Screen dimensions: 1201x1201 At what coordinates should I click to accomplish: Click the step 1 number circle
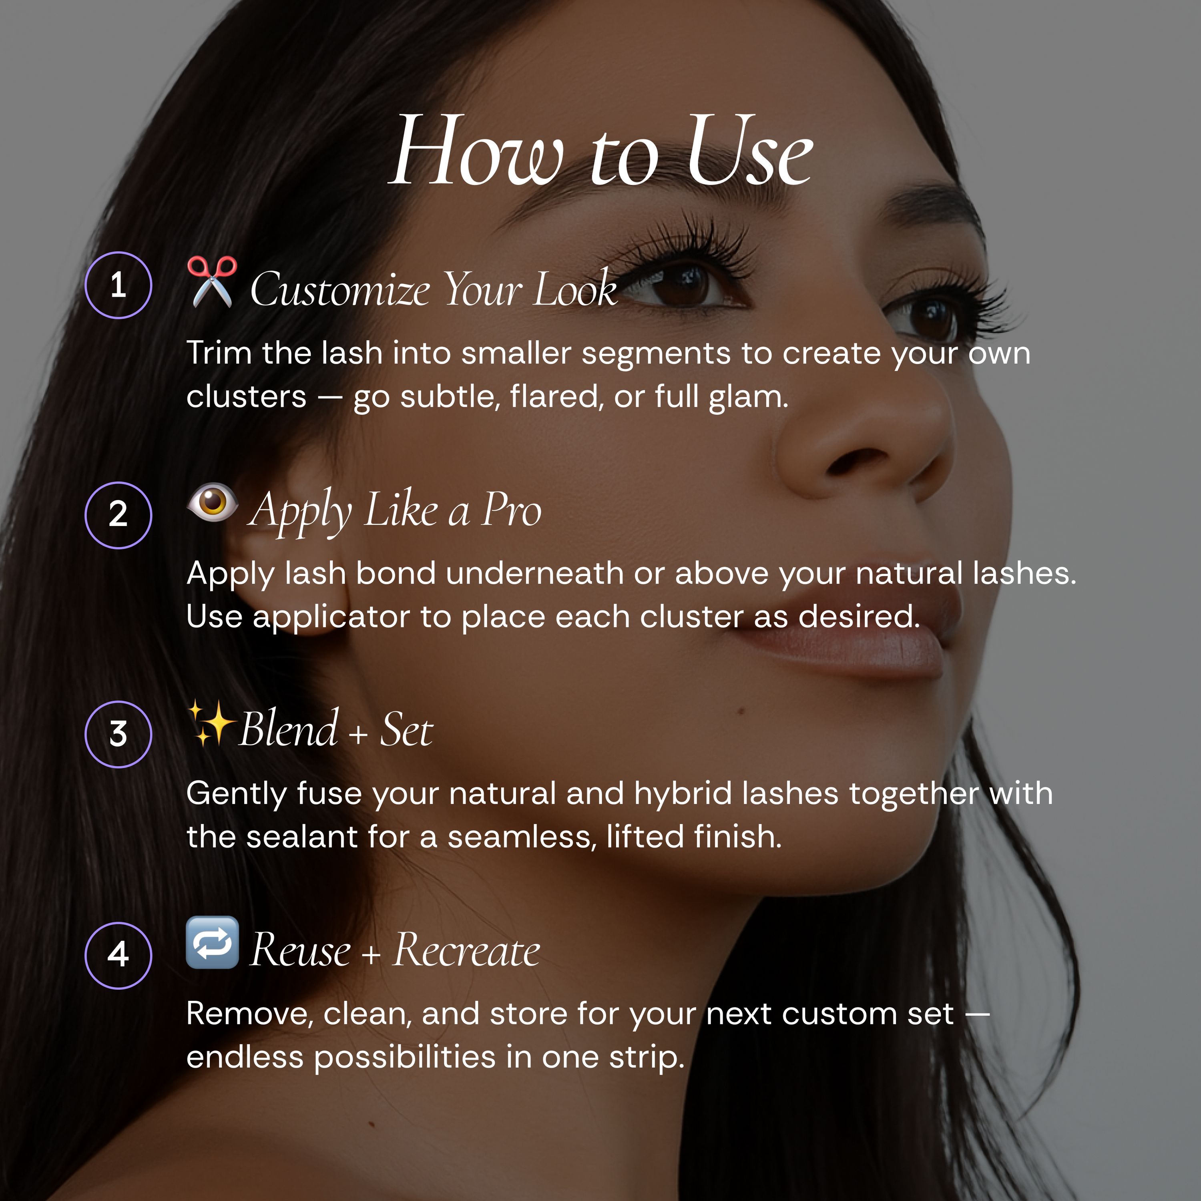pyautogui.click(x=118, y=285)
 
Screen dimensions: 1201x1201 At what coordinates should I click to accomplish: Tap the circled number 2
pyautogui.click(x=118, y=515)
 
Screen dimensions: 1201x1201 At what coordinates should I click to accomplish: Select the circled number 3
pyautogui.click(x=118, y=735)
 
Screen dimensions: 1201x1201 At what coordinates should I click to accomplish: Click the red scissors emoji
pyautogui.click(x=212, y=281)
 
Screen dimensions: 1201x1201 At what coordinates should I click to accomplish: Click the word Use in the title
pyautogui.click(x=749, y=152)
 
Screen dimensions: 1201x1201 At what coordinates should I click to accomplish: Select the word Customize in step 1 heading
pyautogui.click(x=340, y=290)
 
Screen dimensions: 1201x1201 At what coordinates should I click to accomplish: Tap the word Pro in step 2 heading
pyautogui.click(x=512, y=510)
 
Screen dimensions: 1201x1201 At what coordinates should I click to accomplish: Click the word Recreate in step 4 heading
pyautogui.click(x=466, y=951)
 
